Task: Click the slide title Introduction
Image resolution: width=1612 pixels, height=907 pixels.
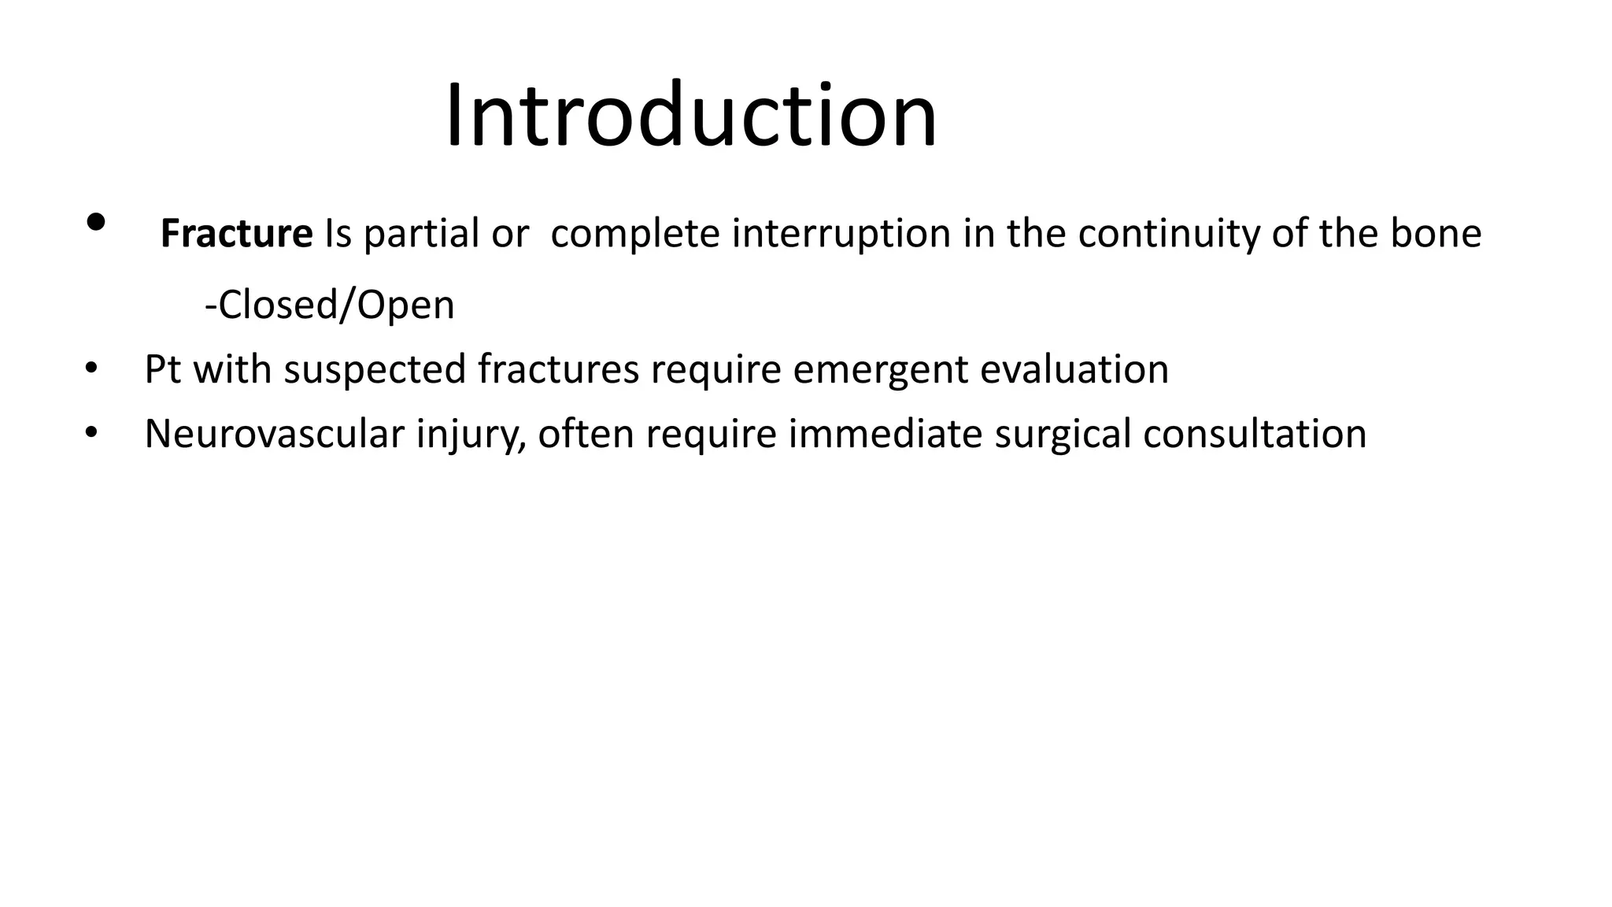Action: point(691,116)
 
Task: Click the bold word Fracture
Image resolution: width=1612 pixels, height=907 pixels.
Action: point(236,234)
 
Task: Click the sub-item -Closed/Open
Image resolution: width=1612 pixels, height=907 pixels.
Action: point(329,305)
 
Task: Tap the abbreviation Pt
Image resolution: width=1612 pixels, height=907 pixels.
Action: point(162,368)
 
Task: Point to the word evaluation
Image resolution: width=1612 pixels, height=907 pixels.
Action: point(1074,368)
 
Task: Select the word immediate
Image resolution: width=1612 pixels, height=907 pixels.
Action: point(885,434)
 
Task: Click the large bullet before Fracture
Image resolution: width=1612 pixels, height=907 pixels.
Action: point(95,223)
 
